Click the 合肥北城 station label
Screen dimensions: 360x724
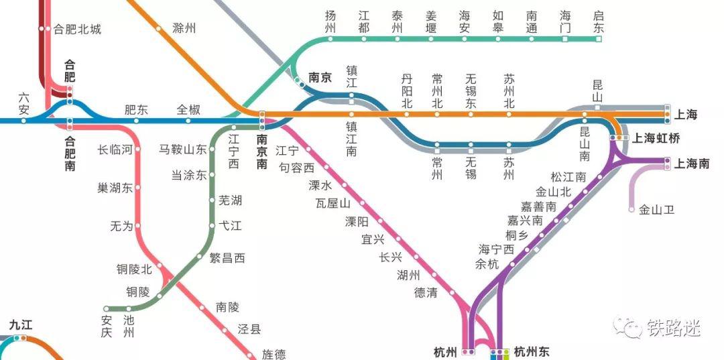point(77,29)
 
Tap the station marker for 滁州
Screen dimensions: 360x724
point(160,29)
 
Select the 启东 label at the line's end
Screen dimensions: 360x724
point(599,21)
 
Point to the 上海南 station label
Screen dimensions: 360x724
point(691,163)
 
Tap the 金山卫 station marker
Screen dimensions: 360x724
point(631,209)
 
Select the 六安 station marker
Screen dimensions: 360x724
point(24,121)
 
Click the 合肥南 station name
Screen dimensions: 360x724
point(70,154)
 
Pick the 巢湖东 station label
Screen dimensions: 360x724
point(115,188)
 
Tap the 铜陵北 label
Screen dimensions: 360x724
point(135,269)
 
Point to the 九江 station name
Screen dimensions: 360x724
point(21,325)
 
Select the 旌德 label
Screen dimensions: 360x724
point(274,353)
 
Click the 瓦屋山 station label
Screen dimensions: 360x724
point(333,203)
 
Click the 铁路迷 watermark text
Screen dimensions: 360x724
point(673,328)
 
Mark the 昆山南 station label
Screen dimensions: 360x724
point(584,143)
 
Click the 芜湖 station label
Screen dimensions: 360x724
point(230,200)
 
